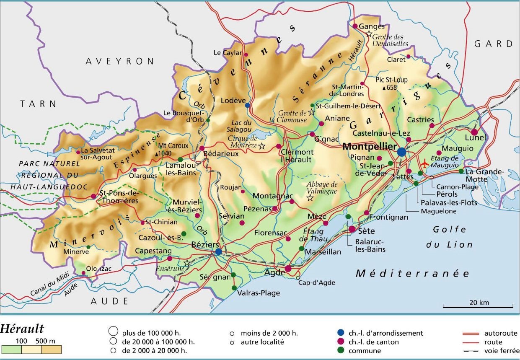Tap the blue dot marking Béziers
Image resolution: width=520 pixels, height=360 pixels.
pyautogui.click(x=219, y=251)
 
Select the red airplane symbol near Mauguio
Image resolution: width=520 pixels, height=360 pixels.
pyautogui.click(x=426, y=163)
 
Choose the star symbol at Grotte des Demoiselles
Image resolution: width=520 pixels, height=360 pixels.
pyautogui.click(x=369, y=34)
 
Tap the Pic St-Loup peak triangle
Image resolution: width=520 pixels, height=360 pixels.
pyautogui.click(x=384, y=88)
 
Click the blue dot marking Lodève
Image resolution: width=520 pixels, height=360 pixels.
pyautogui.click(x=248, y=105)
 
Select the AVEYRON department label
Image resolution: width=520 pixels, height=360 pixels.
pyautogui.click(x=120, y=61)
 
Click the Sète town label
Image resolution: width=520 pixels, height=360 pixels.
pyautogui.click(x=366, y=231)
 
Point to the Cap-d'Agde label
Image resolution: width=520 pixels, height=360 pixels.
pyautogui.click(x=316, y=282)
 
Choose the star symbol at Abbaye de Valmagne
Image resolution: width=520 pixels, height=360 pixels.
pyautogui.click(x=310, y=198)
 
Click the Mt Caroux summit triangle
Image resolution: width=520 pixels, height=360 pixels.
pyautogui.click(x=156, y=154)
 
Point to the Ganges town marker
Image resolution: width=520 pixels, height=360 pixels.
pyautogui.click(x=355, y=26)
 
